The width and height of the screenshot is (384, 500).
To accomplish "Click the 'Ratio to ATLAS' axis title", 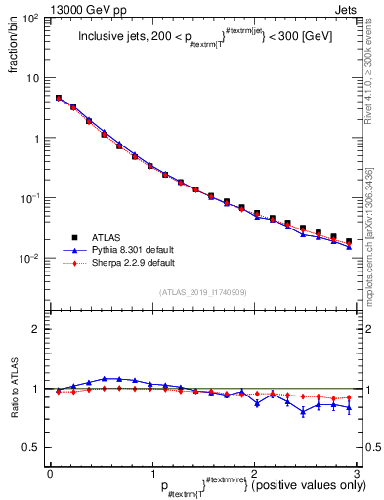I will (x=13, y=391).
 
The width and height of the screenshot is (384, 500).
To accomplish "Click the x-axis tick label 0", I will (x=50, y=475).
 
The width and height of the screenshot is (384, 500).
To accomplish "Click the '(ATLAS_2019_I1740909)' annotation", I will (x=204, y=292).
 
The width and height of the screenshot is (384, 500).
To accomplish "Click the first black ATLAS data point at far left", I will (x=59, y=98).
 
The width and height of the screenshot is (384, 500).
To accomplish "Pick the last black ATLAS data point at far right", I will (x=349, y=241).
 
